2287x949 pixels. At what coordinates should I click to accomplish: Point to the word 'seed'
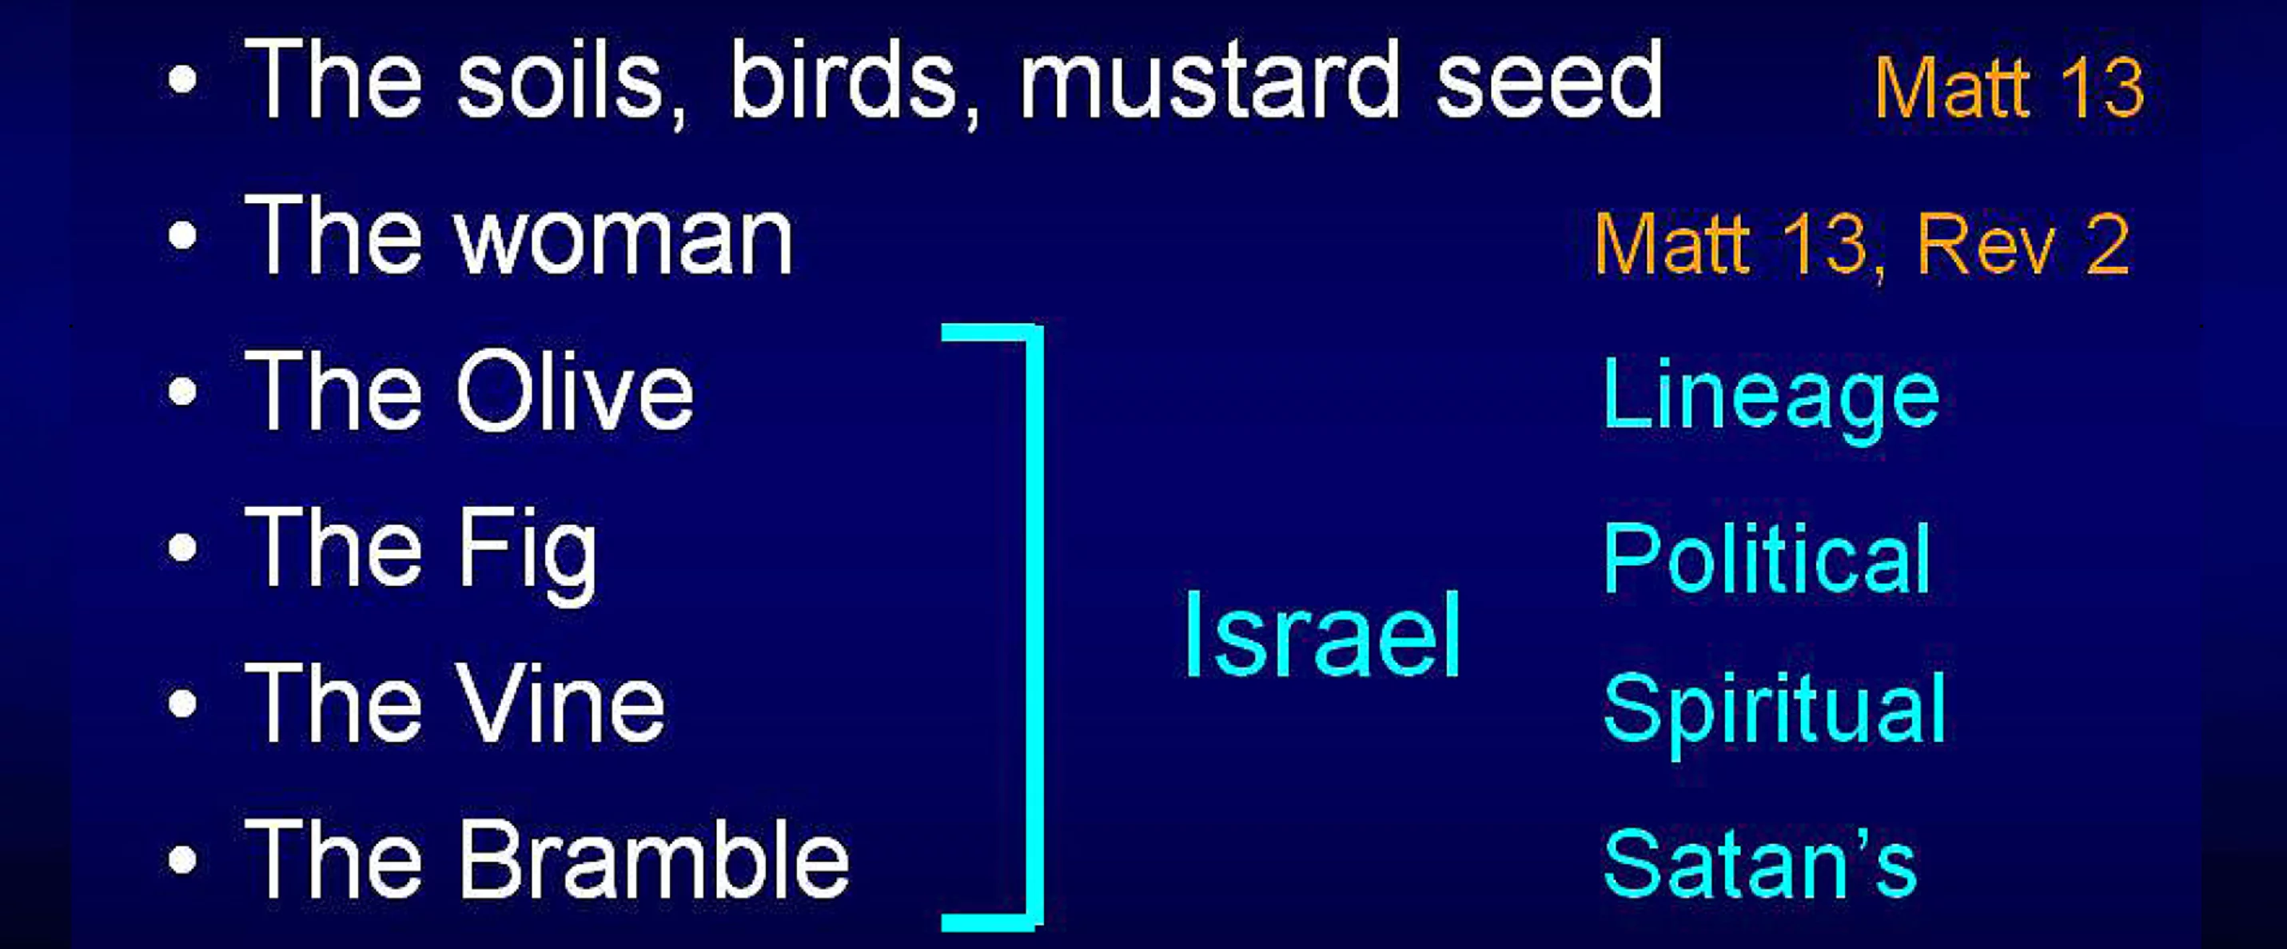(1549, 81)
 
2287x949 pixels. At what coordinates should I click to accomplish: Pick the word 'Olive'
(575, 392)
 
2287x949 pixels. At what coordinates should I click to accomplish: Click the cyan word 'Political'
(1767, 557)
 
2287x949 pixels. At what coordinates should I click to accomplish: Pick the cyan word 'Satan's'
(1759, 862)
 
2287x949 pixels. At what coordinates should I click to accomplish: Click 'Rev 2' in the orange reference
(2023, 243)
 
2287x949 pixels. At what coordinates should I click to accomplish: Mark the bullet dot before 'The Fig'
(183, 548)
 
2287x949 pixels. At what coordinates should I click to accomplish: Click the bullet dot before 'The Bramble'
(183, 859)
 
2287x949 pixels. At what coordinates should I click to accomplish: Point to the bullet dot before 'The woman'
(183, 237)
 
